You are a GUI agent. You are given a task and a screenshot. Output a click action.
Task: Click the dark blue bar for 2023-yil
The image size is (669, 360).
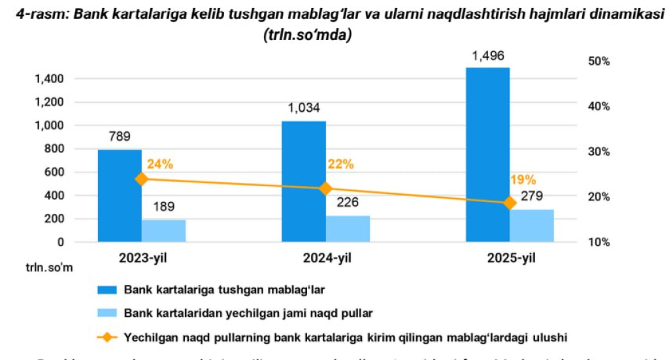[x=120, y=196]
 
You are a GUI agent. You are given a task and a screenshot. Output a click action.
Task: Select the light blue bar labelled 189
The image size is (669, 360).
[x=163, y=231]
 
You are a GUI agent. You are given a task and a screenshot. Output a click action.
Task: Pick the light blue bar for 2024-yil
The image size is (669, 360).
[x=348, y=229]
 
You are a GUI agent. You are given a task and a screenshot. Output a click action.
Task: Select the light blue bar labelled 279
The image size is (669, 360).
[x=532, y=225]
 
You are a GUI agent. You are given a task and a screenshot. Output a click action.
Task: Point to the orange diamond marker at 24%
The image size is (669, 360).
[x=142, y=179]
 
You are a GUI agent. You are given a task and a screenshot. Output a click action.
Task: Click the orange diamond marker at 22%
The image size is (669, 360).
[x=325, y=188]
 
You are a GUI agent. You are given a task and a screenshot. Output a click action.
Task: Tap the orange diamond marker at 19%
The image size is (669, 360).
[x=510, y=203]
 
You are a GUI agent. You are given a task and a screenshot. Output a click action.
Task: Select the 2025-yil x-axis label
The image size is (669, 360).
[x=511, y=259]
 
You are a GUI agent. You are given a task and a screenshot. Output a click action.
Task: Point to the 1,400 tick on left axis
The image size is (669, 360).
[x=50, y=79]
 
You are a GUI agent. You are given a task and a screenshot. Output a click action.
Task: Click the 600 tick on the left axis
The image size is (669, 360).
[x=56, y=172]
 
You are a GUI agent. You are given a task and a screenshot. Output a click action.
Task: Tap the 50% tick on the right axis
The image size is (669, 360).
[x=598, y=61]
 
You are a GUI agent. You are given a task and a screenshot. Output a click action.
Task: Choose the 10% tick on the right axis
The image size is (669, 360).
[x=598, y=242]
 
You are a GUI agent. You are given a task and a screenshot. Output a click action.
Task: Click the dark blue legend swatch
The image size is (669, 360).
[x=106, y=288]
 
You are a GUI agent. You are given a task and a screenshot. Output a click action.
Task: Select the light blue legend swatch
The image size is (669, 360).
[x=106, y=313]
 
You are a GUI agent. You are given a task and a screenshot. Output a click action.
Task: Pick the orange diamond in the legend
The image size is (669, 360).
[x=106, y=337]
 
